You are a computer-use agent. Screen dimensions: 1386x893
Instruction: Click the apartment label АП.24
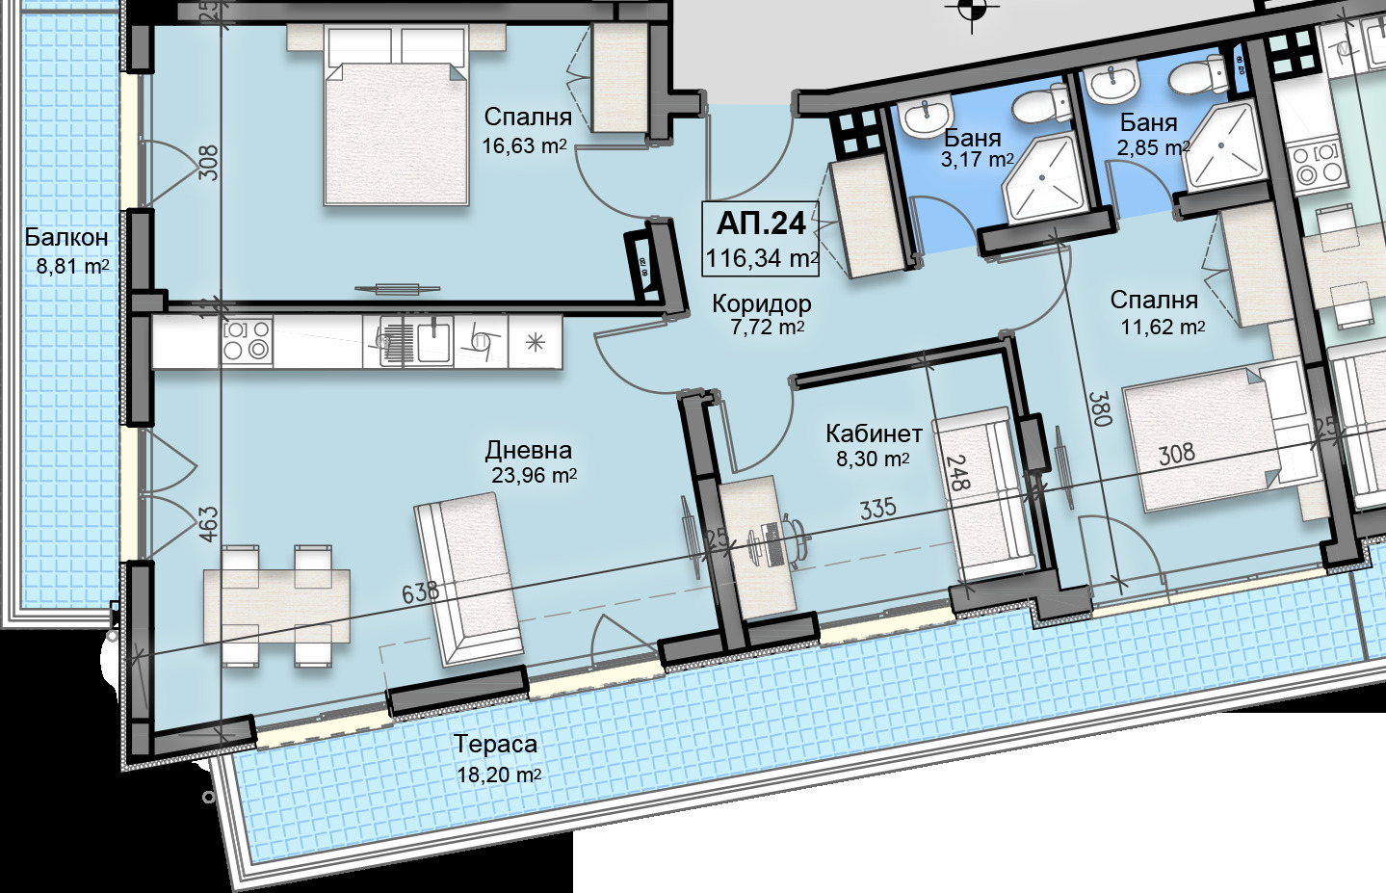point(761,223)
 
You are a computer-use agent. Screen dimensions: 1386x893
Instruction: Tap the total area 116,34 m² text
point(762,258)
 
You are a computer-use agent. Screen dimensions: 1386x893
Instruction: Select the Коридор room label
point(762,303)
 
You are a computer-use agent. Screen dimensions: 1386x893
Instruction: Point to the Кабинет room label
point(874,433)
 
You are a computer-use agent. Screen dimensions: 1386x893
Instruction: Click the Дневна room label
point(529,450)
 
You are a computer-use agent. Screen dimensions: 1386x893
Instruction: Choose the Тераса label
point(495,744)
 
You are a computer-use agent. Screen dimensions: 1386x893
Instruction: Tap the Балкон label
point(66,237)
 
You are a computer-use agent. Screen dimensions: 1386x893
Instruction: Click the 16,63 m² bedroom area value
point(524,146)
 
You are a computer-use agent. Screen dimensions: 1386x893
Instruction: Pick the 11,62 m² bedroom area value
point(1163,327)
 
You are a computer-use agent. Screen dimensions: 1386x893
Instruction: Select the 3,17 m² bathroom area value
point(977,160)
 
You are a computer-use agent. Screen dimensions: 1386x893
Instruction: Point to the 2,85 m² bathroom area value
point(1153,148)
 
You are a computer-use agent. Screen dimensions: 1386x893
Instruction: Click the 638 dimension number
point(420,592)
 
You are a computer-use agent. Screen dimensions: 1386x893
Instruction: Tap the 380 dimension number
point(1098,408)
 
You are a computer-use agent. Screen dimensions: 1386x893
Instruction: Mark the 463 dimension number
point(209,524)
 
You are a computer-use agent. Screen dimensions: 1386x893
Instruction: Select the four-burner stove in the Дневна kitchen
point(247,341)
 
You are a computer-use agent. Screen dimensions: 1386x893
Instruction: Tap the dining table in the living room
point(276,606)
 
